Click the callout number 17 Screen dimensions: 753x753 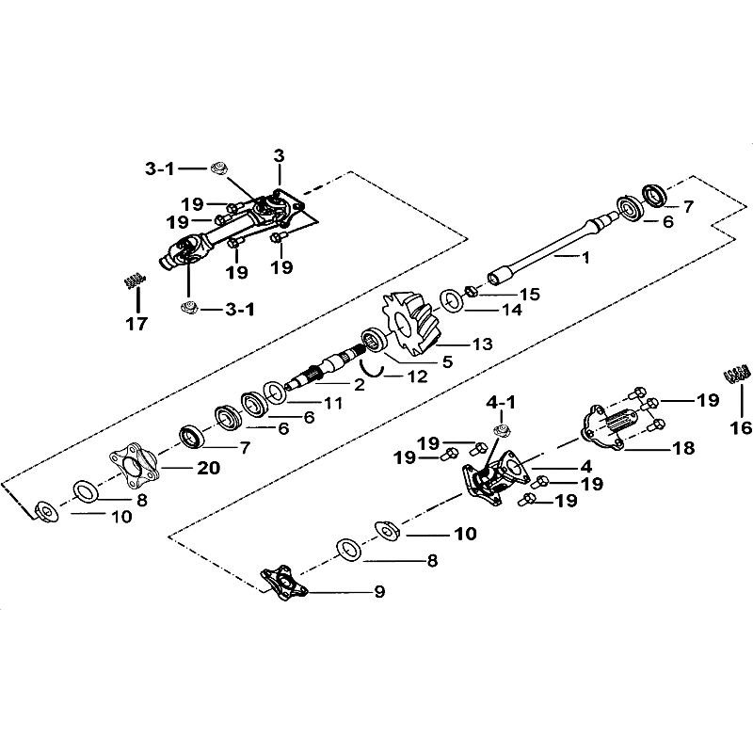click(136, 324)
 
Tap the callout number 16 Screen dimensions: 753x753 click(740, 427)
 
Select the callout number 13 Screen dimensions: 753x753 click(482, 344)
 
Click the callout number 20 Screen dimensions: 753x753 click(208, 467)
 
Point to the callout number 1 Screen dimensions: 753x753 click(585, 258)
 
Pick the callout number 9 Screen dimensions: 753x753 click(379, 592)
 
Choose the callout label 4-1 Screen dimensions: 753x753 click(501, 403)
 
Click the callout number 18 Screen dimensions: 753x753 click(684, 448)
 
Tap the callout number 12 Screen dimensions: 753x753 click(417, 376)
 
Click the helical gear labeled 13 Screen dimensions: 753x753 click(409, 322)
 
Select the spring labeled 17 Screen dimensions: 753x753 click(135, 280)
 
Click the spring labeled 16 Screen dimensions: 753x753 click(737, 374)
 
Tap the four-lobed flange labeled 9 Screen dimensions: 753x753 click(284, 583)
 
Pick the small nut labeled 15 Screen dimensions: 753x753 click(470, 291)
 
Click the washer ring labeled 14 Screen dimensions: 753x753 click(452, 300)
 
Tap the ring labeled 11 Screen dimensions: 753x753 click(276, 393)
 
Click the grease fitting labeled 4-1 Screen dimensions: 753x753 click(502, 430)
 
